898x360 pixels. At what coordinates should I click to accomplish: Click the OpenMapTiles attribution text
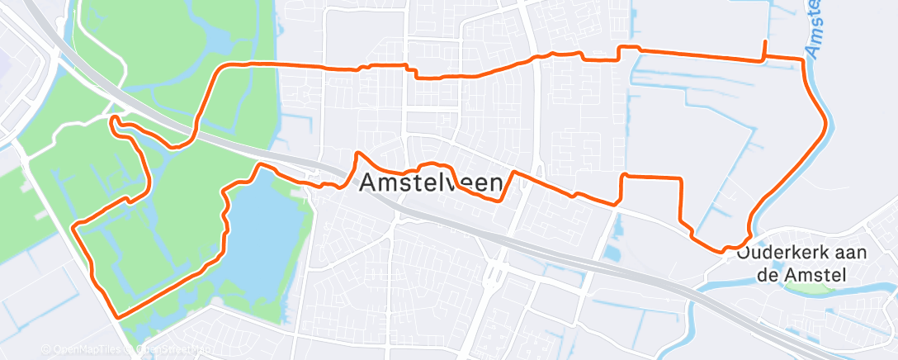[x=83, y=349]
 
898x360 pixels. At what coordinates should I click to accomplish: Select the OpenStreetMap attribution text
[x=169, y=349]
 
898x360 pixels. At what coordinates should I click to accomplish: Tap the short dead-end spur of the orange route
[x=765, y=47]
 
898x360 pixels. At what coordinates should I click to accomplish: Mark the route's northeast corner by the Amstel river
[x=802, y=59]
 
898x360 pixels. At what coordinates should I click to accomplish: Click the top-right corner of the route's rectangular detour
[x=681, y=178]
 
